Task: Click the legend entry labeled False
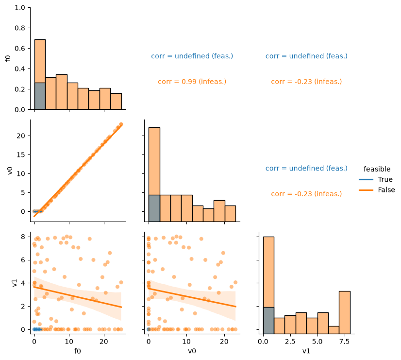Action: (x=377, y=190)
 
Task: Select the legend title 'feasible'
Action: (x=377, y=169)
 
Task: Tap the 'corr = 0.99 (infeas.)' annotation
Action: (x=192, y=82)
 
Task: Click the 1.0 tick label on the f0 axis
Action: (x=20, y=8)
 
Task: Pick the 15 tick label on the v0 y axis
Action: (x=21, y=155)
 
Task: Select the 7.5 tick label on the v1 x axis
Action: (x=344, y=342)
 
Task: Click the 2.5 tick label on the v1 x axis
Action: (x=290, y=342)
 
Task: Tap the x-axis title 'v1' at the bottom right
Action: (x=306, y=351)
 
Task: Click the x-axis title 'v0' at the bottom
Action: (x=192, y=351)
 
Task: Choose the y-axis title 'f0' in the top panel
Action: (x=8, y=58)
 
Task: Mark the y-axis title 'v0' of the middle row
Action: (x=10, y=171)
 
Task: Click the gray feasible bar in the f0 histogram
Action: (x=40, y=96)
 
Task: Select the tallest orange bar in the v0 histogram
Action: (x=154, y=161)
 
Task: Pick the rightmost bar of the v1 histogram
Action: (x=345, y=312)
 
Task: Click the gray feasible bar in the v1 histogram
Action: (x=268, y=321)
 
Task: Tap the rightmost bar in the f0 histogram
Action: (x=116, y=102)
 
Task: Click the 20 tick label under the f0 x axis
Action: (x=104, y=342)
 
